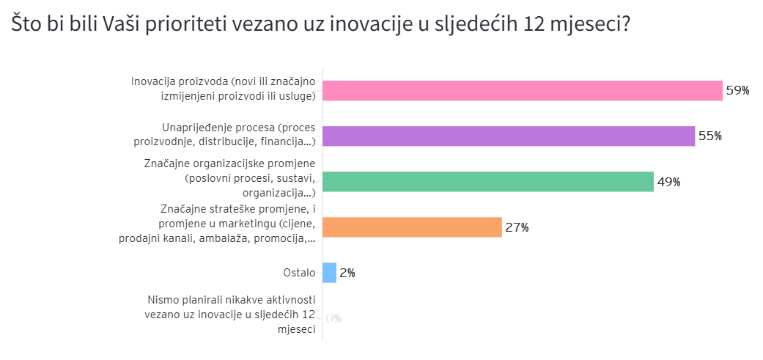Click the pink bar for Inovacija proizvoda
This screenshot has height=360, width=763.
point(523,90)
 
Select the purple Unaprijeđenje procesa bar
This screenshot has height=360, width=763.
point(509,136)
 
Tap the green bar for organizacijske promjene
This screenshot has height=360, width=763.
point(488,182)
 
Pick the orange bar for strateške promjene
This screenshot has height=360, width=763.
point(412,227)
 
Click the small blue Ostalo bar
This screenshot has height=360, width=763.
point(330,273)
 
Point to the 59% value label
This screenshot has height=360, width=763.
point(737,90)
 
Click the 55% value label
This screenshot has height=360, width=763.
point(709,136)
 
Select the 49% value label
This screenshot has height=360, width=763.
point(668,182)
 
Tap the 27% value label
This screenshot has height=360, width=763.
point(517,227)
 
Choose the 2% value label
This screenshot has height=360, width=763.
point(347,273)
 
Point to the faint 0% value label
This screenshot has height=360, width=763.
point(333,318)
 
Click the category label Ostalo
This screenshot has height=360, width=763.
point(300,273)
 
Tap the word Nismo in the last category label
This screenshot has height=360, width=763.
point(163,300)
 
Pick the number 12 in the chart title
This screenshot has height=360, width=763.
point(537,23)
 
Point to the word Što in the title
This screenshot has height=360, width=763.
point(25,23)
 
